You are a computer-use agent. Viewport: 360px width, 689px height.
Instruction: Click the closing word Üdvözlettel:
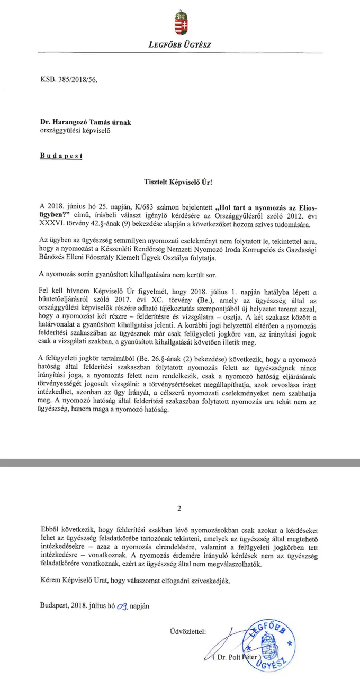186,632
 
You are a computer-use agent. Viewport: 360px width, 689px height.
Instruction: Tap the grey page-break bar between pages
180,463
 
